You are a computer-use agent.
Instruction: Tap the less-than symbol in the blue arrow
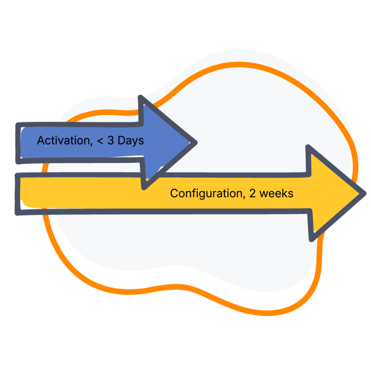click(101, 141)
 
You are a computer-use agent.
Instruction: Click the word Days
click(131, 140)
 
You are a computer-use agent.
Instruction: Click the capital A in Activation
click(41, 140)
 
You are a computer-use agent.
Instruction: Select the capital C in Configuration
click(174, 193)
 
